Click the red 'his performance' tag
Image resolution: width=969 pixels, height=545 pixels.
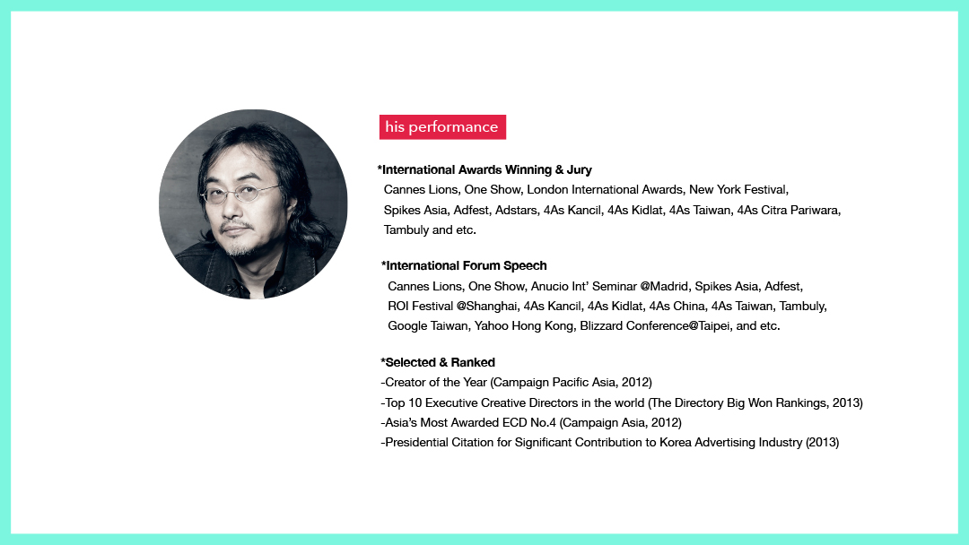coord(442,126)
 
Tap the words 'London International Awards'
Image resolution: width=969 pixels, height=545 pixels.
coord(605,189)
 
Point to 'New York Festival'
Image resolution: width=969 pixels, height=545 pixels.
coord(738,189)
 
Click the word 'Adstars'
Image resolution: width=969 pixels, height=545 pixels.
coord(516,210)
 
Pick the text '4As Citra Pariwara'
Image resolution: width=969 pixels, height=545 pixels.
coord(788,210)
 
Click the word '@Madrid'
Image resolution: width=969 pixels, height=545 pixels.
coord(664,286)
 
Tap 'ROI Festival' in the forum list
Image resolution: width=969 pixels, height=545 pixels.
coord(420,307)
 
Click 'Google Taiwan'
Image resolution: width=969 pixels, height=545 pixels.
coord(428,326)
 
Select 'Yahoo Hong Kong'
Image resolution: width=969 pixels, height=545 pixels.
coord(523,326)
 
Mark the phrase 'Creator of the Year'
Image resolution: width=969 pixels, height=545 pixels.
coord(436,382)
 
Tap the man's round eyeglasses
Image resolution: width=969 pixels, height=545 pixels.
coord(242,194)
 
